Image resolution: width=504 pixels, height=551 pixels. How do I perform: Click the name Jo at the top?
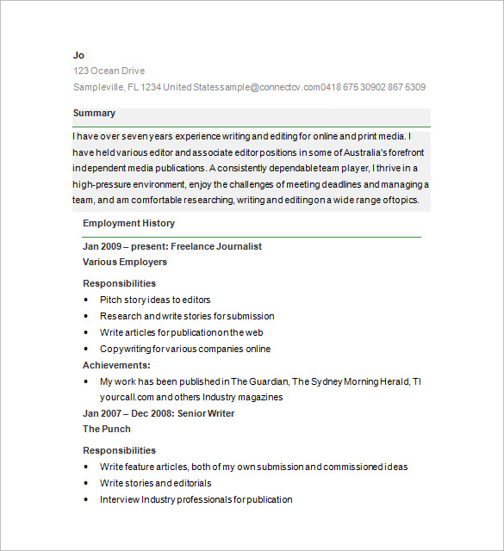78,55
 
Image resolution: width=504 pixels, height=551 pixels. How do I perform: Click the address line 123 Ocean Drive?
109,71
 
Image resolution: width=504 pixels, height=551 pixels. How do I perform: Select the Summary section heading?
94,114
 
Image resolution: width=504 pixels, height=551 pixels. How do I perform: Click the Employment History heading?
128,223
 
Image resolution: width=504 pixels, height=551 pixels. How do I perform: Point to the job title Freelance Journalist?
216,246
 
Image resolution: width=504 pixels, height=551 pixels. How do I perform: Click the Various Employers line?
125,262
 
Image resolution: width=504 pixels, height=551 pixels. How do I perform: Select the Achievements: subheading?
116,365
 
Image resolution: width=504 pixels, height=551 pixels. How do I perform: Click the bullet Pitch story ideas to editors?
155,300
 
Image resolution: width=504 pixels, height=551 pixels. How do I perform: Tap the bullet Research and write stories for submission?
187,316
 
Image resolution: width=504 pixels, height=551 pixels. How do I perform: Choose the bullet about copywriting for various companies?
185,349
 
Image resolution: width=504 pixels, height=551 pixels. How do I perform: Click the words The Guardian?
259,381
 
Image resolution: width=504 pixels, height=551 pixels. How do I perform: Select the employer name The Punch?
107,429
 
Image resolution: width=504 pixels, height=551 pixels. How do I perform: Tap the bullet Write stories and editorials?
155,483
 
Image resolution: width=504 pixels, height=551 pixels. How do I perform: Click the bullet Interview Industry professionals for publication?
196,499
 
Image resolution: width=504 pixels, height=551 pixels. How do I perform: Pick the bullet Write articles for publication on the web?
181,332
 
